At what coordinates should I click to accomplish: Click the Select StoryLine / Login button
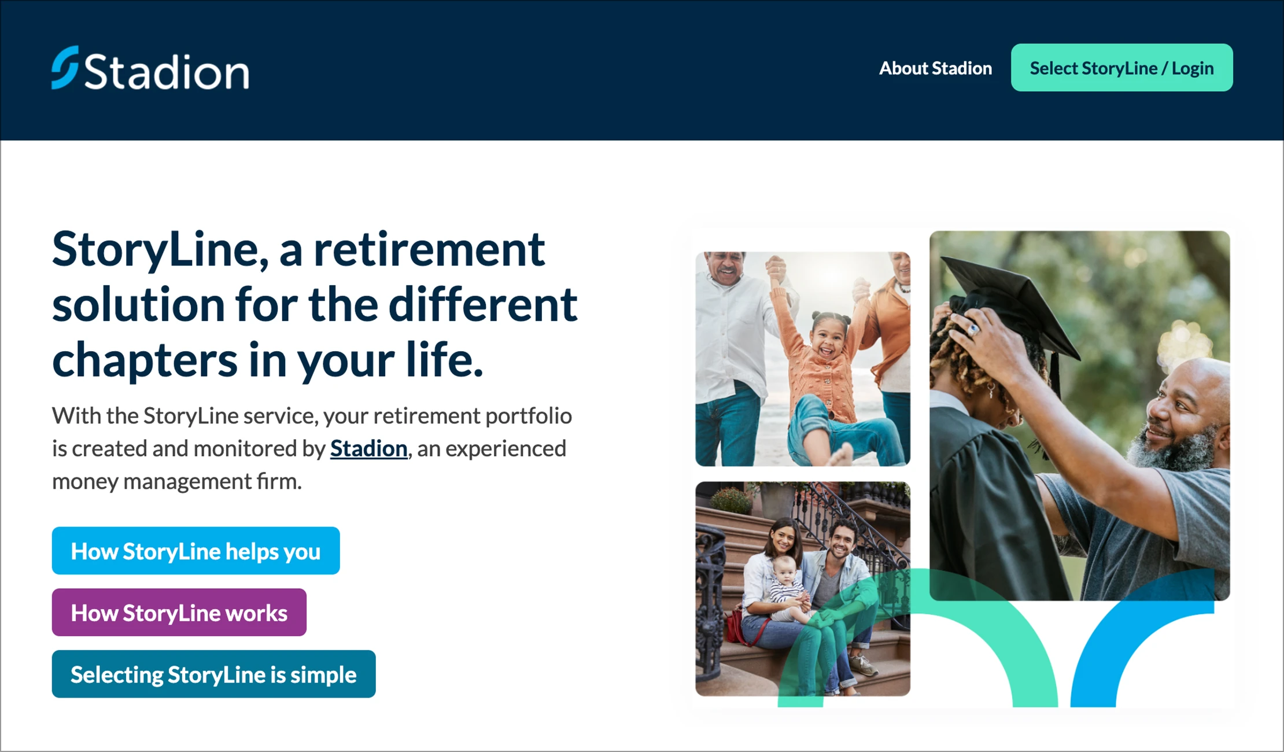(1121, 68)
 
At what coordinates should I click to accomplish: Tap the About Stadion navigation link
(935, 68)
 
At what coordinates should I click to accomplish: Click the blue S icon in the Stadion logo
(65, 68)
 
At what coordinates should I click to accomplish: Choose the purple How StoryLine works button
(179, 613)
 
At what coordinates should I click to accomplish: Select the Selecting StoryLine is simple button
(214, 674)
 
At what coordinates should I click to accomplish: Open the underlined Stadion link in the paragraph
(369, 448)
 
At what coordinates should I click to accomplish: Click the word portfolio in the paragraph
(529, 416)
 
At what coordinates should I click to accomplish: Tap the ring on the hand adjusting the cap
(975, 329)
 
